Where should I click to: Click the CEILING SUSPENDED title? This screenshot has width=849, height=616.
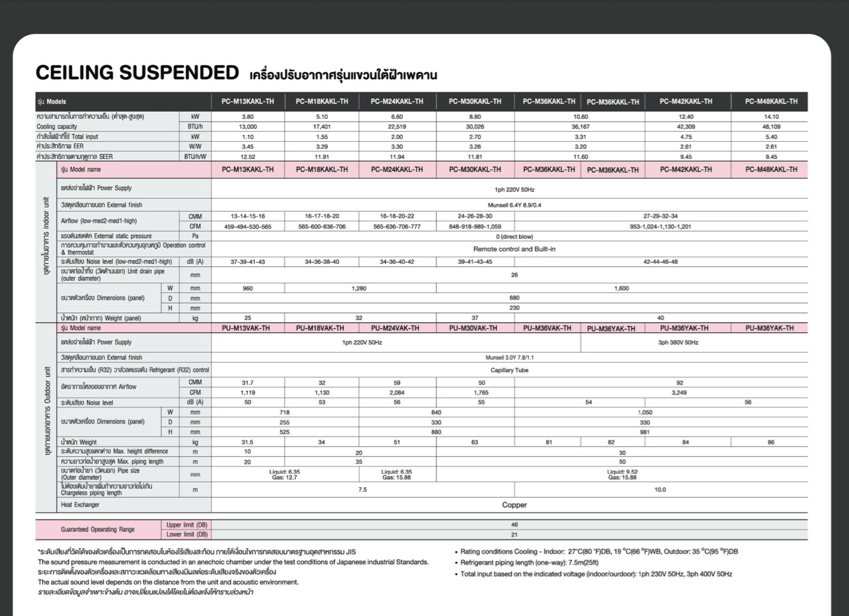pyautogui.click(x=137, y=73)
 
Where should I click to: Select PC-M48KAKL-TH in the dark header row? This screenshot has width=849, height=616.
pyautogui.click(x=771, y=101)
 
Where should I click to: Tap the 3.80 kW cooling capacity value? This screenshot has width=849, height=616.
pyautogui.click(x=247, y=117)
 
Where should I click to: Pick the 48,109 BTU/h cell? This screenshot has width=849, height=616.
pyautogui.click(x=771, y=126)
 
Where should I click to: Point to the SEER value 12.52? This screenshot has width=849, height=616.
pyautogui.click(x=247, y=157)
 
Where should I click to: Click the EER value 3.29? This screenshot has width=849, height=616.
pyautogui.click(x=322, y=147)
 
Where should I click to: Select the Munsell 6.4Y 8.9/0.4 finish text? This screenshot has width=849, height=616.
pyautogui.click(x=514, y=205)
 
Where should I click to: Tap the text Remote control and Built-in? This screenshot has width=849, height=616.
pyautogui.click(x=514, y=249)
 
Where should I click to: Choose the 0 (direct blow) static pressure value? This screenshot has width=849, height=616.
pyautogui.click(x=514, y=237)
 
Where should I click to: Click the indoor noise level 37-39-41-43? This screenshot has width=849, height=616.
pyautogui.click(x=247, y=262)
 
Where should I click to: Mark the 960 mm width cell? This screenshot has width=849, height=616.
pyautogui.click(x=247, y=289)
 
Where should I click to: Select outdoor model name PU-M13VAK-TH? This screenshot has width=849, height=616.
pyautogui.click(x=246, y=328)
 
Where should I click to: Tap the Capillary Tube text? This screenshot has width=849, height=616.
pyautogui.click(x=509, y=370)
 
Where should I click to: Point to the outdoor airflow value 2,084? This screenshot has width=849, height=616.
pyautogui.click(x=397, y=392)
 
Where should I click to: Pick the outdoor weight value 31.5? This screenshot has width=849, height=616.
pyautogui.click(x=247, y=442)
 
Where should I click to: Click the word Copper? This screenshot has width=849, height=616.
pyautogui.click(x=514, y=505)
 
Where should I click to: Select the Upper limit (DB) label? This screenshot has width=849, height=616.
pyautogui.click(x=187, y=525)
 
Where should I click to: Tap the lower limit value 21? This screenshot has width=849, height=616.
pyautogui.click(x=514, y=535)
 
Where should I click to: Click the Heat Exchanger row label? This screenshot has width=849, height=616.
pyautogui.click(x=80, y=505)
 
